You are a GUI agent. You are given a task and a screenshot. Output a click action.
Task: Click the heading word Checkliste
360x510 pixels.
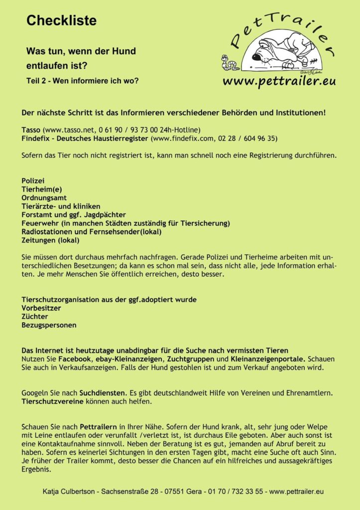pos(61,21)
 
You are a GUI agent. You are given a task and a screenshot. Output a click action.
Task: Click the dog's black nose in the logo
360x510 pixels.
pos(257,57)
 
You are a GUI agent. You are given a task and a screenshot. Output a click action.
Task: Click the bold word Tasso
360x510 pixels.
pos(31,129)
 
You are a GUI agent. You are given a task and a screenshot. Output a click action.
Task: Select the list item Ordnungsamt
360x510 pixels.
pos(44,197)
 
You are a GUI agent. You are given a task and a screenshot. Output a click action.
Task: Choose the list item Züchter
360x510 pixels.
pos(35,316)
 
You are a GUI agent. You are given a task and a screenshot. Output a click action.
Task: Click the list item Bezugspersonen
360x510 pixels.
pos(49,325)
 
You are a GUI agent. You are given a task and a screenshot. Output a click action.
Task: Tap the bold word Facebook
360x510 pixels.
pos(75,359)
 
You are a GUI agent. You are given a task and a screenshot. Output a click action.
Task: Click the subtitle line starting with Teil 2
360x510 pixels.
pos(83,81)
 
